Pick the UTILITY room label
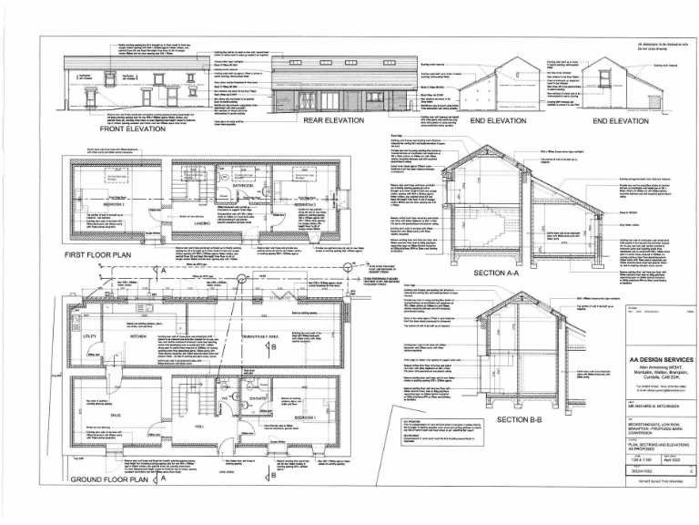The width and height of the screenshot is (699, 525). click(93, 336)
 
